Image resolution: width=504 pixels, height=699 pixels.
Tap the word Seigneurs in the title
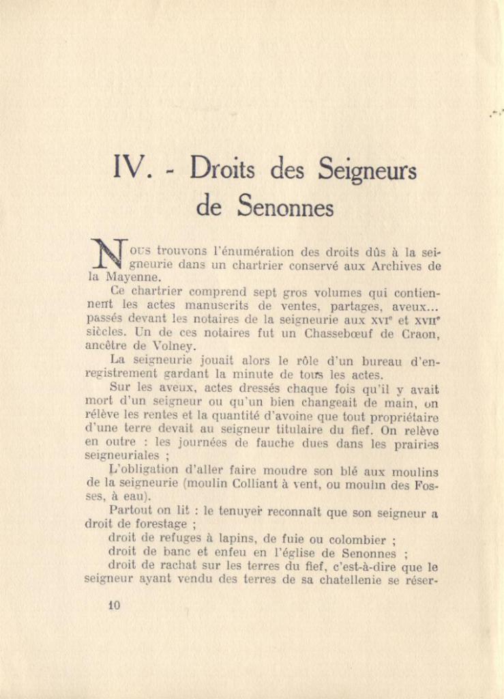click(360, 170)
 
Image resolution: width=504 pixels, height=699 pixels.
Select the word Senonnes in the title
click(285, 205)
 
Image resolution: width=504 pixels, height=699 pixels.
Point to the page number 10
click(114, 604)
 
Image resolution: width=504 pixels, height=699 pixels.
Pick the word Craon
click(421, 332)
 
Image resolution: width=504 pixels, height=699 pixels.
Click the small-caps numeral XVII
click(426, 319)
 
